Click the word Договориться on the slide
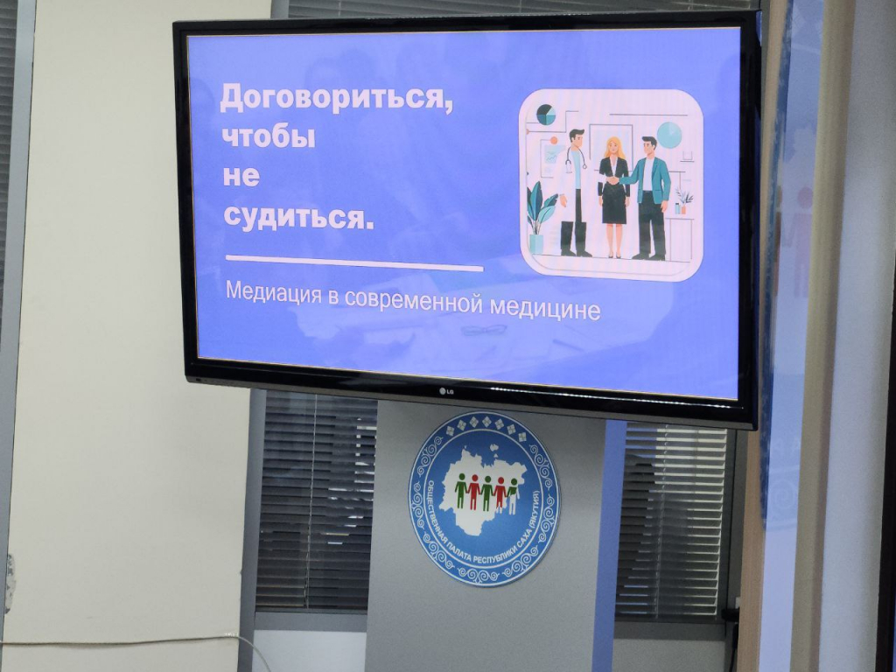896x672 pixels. coord(335,100)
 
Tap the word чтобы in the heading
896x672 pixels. coord(268,137)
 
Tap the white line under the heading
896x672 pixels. coord(354,262)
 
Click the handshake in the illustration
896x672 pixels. coord(612,180)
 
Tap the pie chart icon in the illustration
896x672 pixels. coord(546,115)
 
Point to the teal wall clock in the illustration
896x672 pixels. coord(668,135)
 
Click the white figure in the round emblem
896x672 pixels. coord(513,495)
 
